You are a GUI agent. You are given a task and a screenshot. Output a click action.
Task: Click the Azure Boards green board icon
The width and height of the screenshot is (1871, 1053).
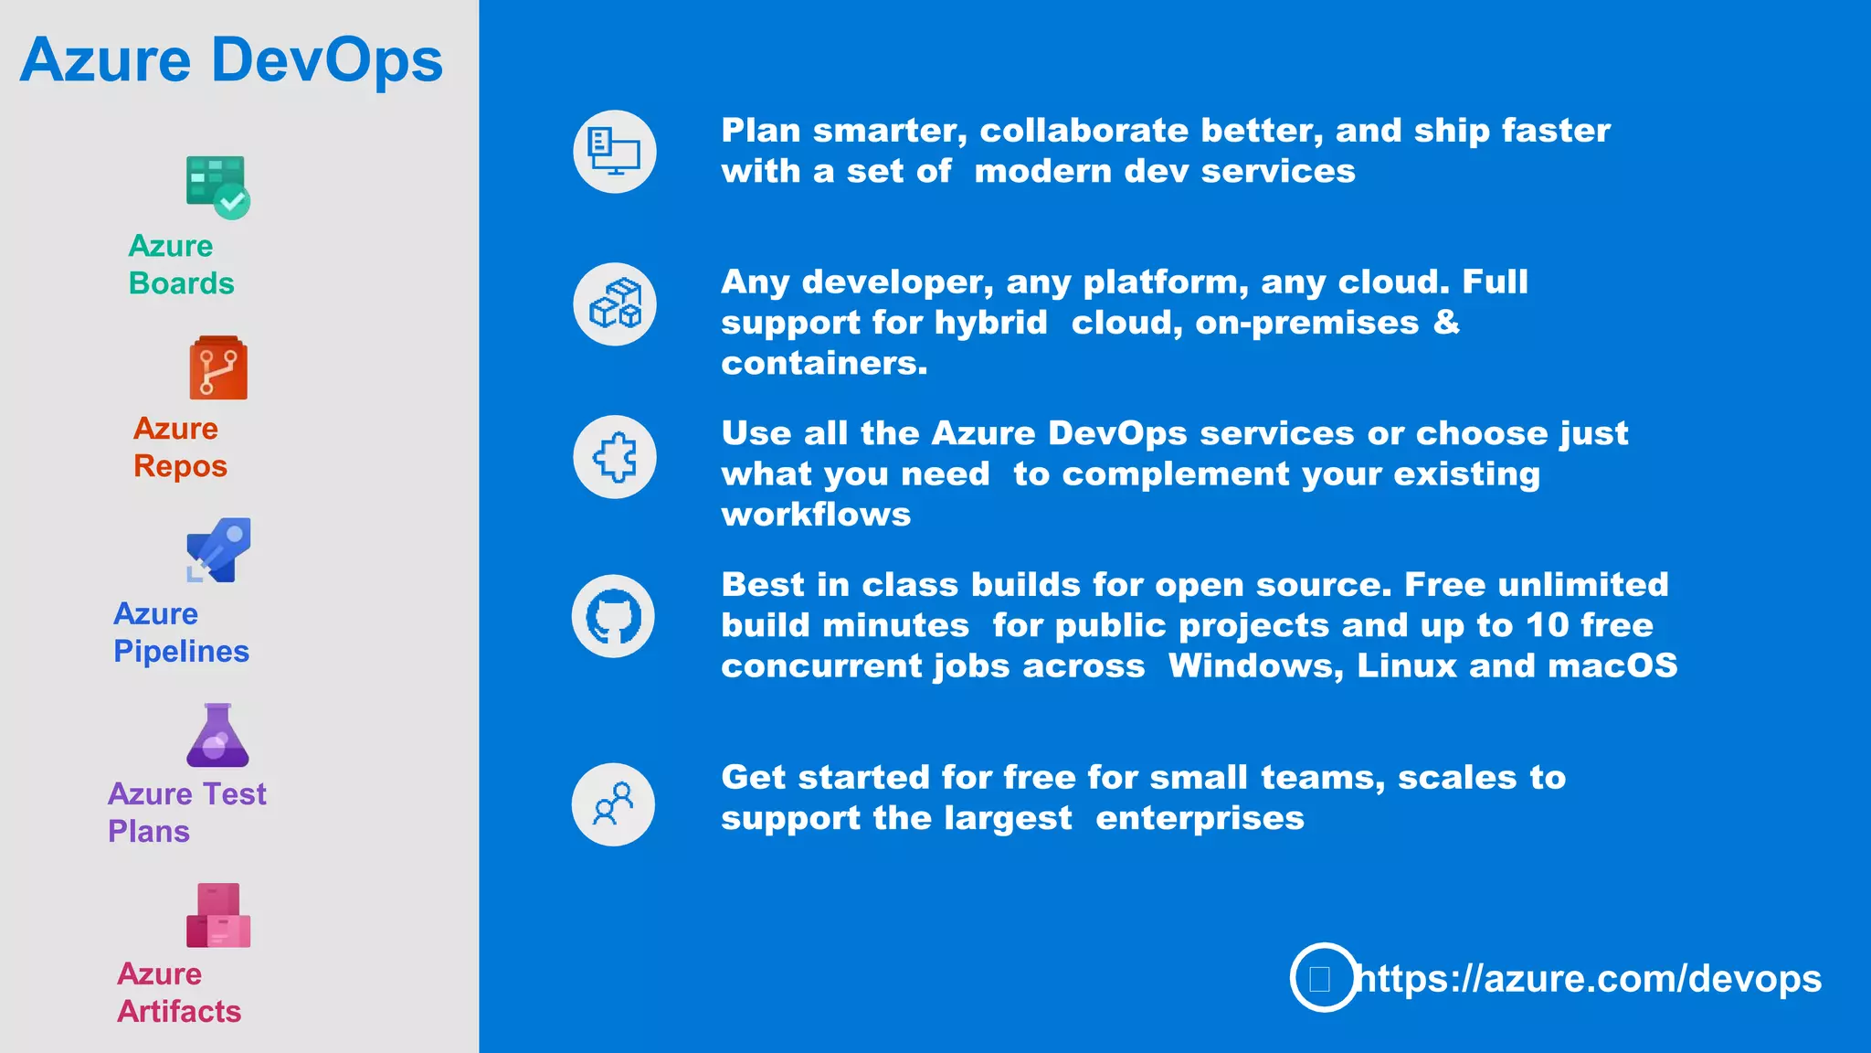pos(217,186)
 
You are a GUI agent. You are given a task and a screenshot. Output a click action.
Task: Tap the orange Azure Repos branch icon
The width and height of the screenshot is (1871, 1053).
pos(218,368)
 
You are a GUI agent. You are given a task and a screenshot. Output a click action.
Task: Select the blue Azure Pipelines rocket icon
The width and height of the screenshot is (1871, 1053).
pos(218,550)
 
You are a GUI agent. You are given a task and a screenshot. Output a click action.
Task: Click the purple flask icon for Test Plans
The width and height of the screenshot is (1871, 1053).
pos(217,735)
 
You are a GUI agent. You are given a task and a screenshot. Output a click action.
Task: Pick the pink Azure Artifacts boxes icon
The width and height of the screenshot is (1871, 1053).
pos(218,915)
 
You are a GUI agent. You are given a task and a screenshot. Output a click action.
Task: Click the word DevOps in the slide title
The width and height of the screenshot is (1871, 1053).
pos(327,60)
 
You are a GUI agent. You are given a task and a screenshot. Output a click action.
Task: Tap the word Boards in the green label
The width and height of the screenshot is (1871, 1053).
pos(181,283)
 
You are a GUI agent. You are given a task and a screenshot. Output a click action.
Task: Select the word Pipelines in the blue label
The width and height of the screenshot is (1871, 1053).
pos(181,651)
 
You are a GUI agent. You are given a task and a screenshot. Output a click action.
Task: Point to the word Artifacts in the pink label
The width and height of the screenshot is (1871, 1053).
pos(179,1011)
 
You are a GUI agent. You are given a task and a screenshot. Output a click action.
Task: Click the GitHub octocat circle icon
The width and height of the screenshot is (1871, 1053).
pos(613,616)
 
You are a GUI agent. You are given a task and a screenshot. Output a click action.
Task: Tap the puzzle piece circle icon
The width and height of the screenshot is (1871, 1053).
pos(615,457)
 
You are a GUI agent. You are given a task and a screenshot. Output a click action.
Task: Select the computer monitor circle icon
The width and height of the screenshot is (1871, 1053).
pos(615,152)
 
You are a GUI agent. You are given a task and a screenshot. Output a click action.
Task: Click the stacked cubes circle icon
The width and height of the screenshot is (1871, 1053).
pos(615,304)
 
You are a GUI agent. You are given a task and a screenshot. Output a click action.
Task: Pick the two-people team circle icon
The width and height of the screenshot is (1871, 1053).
pos(613,804)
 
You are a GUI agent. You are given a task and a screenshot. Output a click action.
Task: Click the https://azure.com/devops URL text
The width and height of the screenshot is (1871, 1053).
pos(1590,978)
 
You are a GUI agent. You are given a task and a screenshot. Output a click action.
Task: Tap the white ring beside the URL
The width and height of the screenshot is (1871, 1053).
pos(1324,977)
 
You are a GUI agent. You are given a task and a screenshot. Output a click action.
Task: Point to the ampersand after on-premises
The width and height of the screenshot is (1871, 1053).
pos(1446,322)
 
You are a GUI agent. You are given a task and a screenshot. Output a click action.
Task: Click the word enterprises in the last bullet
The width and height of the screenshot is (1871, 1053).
pos(1200,818)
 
